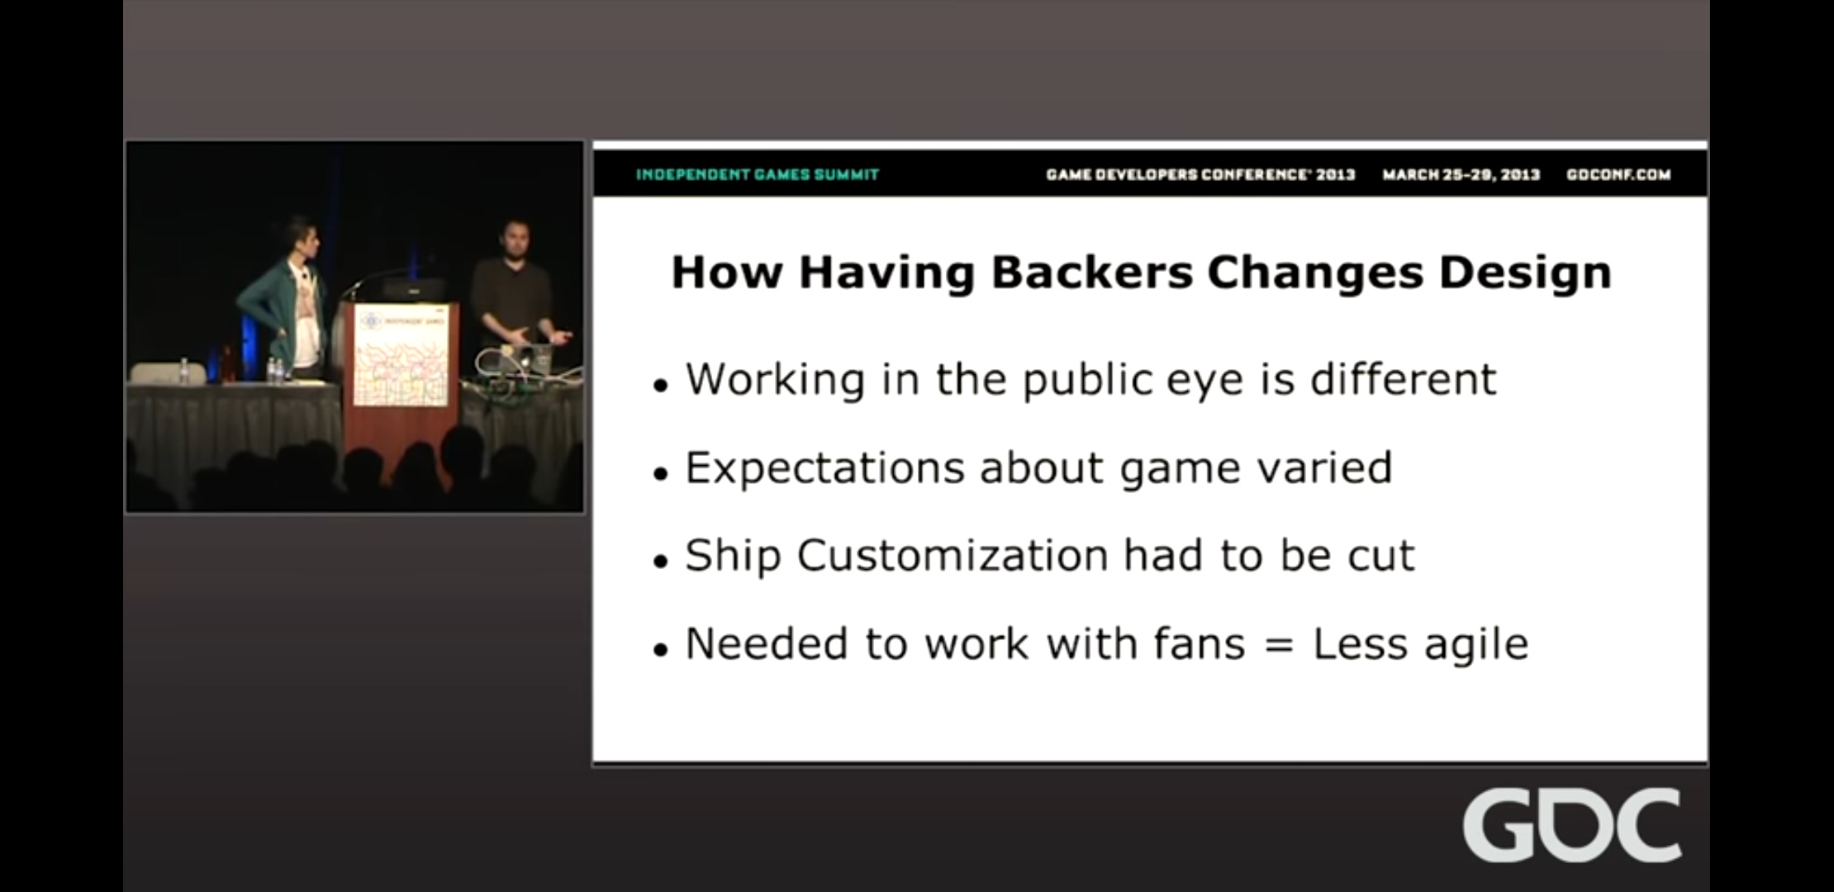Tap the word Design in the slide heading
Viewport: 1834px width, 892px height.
click(x=1525, y=273)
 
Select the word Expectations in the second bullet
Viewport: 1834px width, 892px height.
click(x=824, y=468)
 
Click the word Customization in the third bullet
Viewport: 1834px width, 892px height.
click(x=953, y=555)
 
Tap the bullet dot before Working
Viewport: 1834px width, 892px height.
click(x=659, y=385)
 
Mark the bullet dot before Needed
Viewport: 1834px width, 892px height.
click(x=659, y=649)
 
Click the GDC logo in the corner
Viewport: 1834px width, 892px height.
click(x=1571, y=825)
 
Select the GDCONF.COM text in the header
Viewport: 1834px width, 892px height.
click(x=1618, y=174)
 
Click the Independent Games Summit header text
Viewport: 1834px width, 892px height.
click(x=758, y=174)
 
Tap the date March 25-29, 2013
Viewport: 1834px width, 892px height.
click(x=1461, y=174)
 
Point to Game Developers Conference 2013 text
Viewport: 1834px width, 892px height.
click(x=1200, y=174)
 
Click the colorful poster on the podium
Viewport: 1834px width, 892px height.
click(x=401, y=356)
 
